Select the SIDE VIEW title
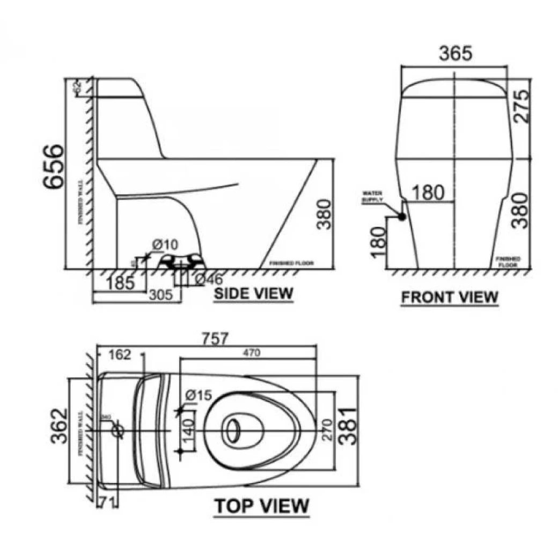click(x=253, y=293)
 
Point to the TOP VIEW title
click(x=262, y=506)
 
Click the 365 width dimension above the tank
click(x=456, y=54)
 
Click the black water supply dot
click(x=401, y=217)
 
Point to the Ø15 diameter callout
click(x=199, y=396)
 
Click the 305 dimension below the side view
click(x=160, y=295)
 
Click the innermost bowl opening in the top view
click(x=233, y=430)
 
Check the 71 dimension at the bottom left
click(x=106, y=502)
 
